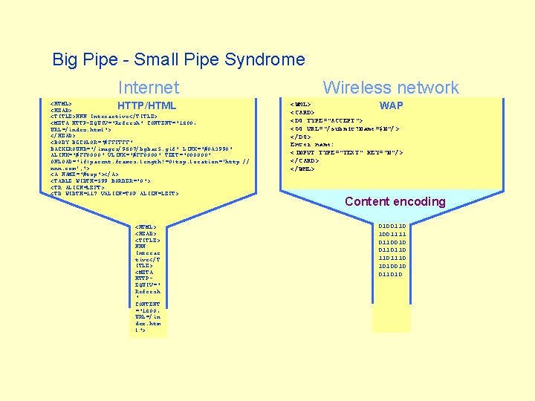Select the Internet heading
[x=149, y=88]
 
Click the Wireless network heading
[x=391, y=88]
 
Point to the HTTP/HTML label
[x=146, y=105]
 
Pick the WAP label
[x=392, y=105]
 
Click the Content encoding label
[x=395, y=201]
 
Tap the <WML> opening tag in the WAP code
[x=301, y=105]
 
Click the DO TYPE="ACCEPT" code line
[x=327, y=120]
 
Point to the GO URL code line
[x=345, y=128]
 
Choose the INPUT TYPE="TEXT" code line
[x=346, y=152]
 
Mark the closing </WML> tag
[x=303, y=169]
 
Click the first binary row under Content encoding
[x=392, y=226]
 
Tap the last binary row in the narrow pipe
[x=392, y=274]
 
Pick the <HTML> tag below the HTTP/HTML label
[x=61, y=105]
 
